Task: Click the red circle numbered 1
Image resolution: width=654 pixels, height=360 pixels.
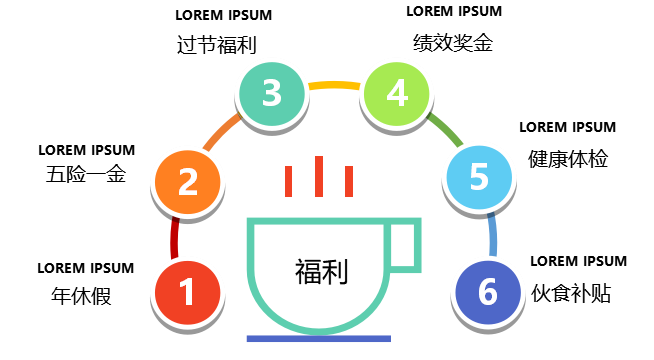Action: click(188, 292)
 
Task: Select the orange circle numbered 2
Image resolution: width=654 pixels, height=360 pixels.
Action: click(188, 182)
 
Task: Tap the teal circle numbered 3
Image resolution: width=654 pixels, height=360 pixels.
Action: click(272, 93)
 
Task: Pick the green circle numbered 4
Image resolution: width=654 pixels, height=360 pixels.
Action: click(397, 93)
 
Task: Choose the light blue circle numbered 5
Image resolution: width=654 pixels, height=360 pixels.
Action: click(479, 177)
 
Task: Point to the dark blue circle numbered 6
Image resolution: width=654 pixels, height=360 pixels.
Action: click(488, 292)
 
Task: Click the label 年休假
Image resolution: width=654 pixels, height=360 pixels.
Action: click(81, 296)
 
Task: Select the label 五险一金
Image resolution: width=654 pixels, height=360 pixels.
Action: click(86, 174)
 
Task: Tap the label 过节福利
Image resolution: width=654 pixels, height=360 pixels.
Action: click(216, 45)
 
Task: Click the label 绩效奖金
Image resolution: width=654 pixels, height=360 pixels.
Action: click(453, 43)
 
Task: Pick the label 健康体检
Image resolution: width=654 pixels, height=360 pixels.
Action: click(568, 159)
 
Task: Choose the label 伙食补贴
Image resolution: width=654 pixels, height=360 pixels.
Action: click(571, 293)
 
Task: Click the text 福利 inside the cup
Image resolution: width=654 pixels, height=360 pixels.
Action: click(321, 272)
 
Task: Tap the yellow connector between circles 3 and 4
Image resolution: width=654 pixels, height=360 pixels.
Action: click(334, 85)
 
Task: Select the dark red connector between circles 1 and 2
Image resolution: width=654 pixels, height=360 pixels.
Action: click(174, 238)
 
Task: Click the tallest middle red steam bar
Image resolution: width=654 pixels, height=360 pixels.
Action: click(319, 176)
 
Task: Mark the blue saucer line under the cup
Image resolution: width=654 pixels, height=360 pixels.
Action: click(319, 339)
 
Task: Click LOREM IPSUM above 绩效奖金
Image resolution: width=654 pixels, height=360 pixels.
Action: click(454, 11)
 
